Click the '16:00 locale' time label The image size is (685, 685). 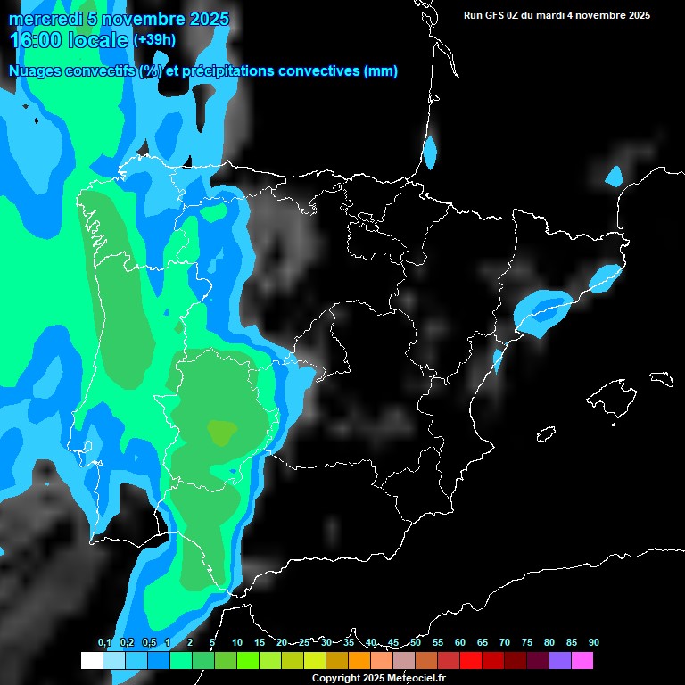[x=69, y=40]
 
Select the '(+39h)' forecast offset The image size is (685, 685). [x=155, y=40]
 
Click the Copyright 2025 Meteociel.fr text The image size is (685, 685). [x=378, y=678]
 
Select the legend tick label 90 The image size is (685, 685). [x=593, y=642]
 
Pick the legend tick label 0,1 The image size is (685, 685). [x=104, y=642]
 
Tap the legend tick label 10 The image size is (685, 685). [x=237, y=642]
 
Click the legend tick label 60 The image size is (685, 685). [x=460, y=642]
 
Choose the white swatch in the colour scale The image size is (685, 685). [x=91, y=660]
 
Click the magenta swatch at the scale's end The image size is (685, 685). [x=582, y=660]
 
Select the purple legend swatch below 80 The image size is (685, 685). [x=559, y=660]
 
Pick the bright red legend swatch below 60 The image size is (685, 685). [x=470, y=660]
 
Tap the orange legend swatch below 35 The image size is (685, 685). [x=359, y=660]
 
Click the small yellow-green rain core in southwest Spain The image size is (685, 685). [x=221, y=433]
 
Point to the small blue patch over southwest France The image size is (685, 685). [x=430, y=153]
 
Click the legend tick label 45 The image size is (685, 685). [x=393, y=642]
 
